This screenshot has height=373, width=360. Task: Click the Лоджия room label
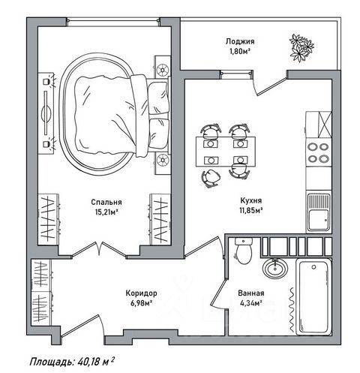click(240, 41)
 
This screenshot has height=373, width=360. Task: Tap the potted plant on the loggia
click(301, 48)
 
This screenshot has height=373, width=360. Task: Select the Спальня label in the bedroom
click(106, 202)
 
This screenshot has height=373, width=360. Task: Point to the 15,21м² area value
click(106, 212)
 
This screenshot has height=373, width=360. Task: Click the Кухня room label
click(251, 200)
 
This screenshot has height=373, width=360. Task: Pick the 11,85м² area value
click(251, 210)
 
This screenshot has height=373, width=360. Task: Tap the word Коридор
click(141, 293)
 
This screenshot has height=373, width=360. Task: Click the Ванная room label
click(251, 293)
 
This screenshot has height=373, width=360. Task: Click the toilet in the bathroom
click(244, 251)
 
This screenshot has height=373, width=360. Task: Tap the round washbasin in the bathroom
click(275, 268)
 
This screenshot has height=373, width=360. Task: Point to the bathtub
click(313, 297)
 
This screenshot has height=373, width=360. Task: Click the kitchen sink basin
click(318, 220)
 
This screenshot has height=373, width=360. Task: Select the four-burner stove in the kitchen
click(318, 152)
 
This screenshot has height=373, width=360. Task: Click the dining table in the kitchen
click(226, 152)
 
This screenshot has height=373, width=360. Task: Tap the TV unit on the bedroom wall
click(46, 113)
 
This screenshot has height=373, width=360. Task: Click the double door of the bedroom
click(99, 249)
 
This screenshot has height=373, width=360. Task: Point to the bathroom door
click(219, 292)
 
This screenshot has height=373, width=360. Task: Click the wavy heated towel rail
click(291, 310)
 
